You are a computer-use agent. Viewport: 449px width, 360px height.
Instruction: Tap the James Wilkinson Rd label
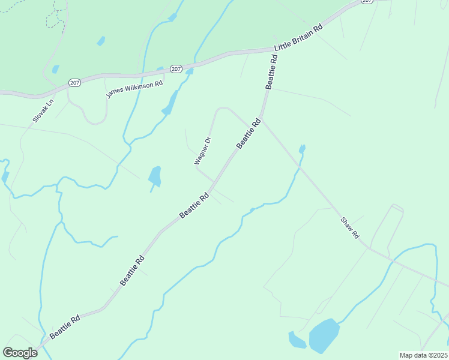(134, 89)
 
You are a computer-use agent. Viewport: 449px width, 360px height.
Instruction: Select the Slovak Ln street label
(43, 111)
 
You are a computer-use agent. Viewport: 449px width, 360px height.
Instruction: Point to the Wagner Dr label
(203, 151)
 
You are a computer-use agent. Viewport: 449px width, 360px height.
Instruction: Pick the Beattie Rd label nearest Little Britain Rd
(271, 72)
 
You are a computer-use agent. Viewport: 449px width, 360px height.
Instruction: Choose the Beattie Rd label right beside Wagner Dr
(249, 133)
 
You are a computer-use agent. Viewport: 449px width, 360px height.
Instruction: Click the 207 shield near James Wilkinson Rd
(175, 69)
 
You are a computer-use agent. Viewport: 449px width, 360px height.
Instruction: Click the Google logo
(20, 353)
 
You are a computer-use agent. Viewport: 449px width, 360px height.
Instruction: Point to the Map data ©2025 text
(423, 355)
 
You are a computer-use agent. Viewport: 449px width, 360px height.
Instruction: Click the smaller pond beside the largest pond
(297, 341)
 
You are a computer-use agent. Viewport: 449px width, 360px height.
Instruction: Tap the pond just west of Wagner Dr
(155, 176)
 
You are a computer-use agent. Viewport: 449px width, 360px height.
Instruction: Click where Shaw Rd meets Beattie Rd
(262, 117)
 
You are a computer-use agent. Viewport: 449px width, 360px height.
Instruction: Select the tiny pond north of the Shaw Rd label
(302, 148)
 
